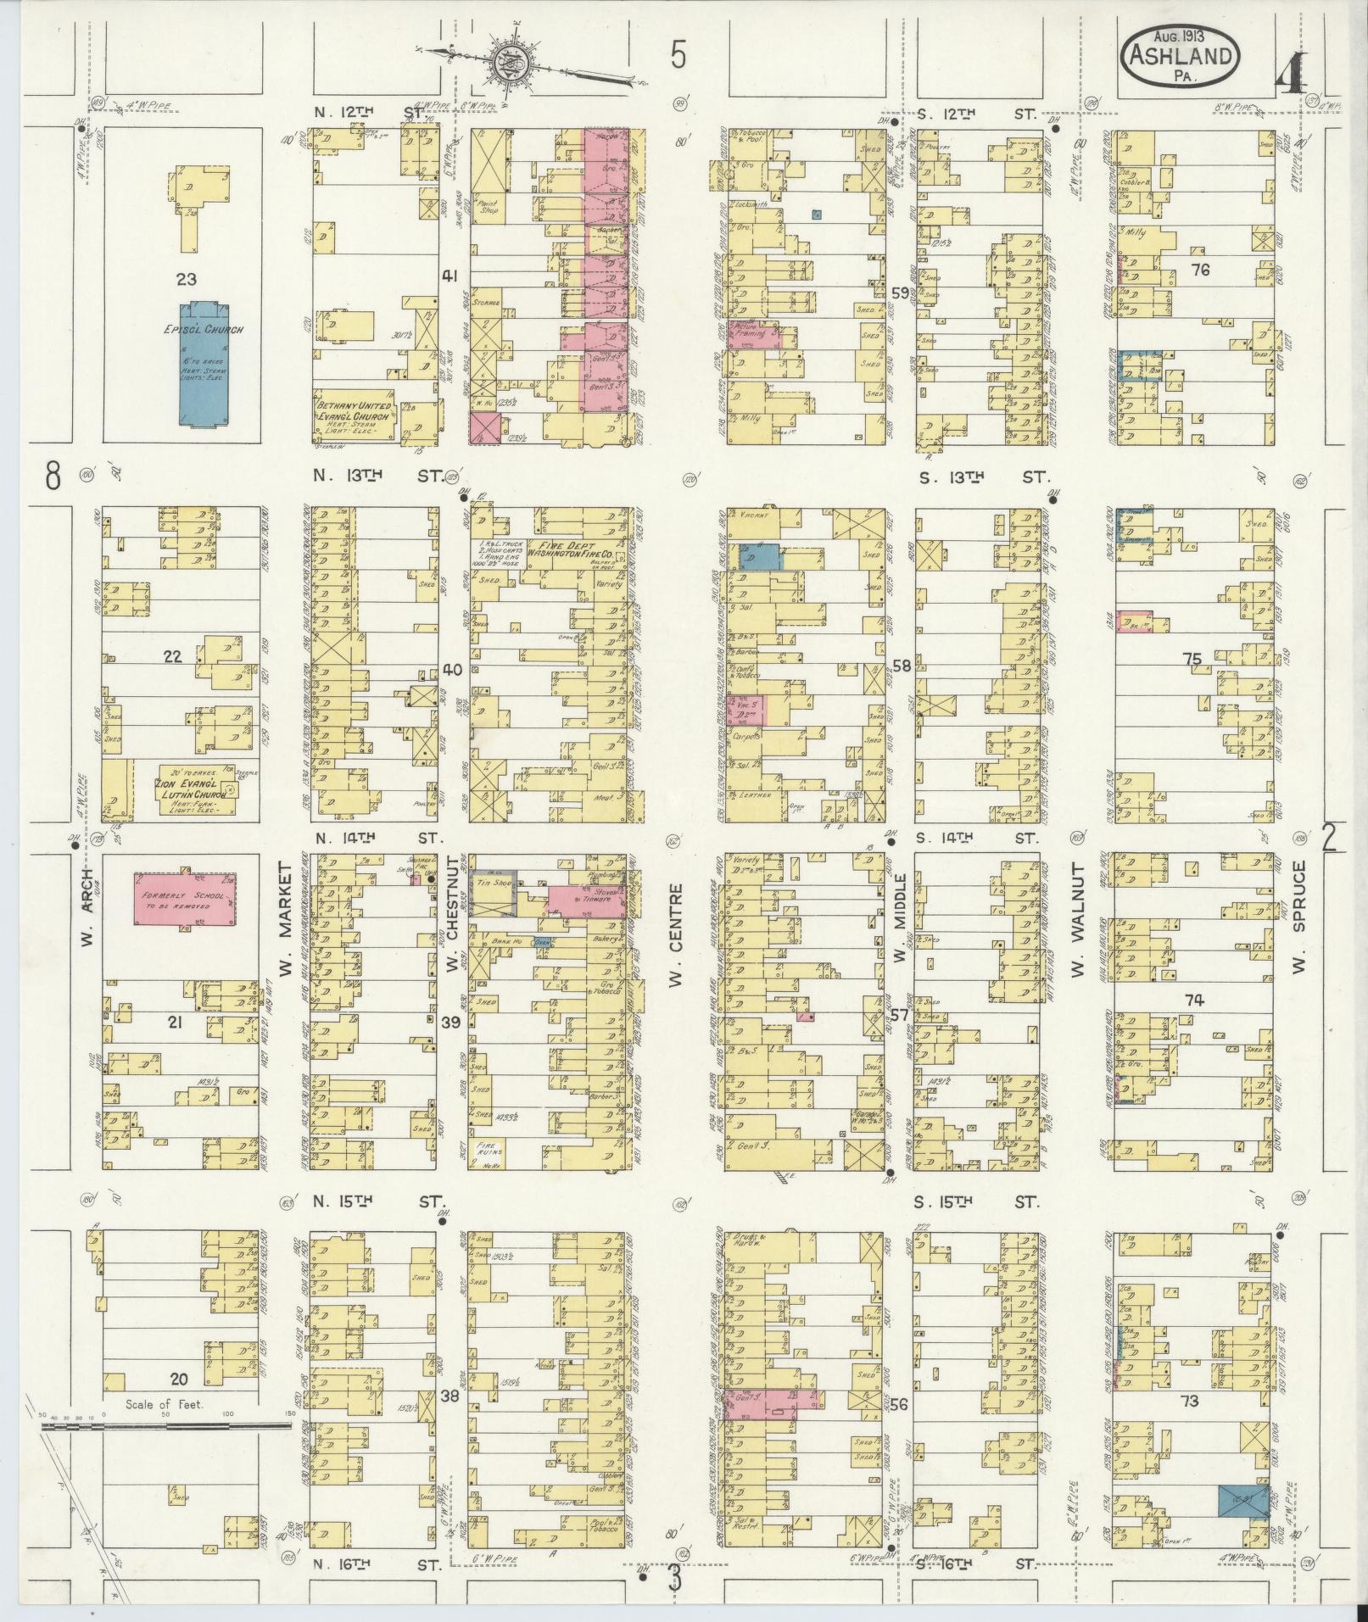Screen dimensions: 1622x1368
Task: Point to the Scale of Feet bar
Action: (165, 1427)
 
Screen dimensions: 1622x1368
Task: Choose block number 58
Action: (901, 666)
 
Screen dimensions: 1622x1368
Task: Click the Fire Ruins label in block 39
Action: (494, 1149)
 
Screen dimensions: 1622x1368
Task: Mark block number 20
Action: (180, 1378)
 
